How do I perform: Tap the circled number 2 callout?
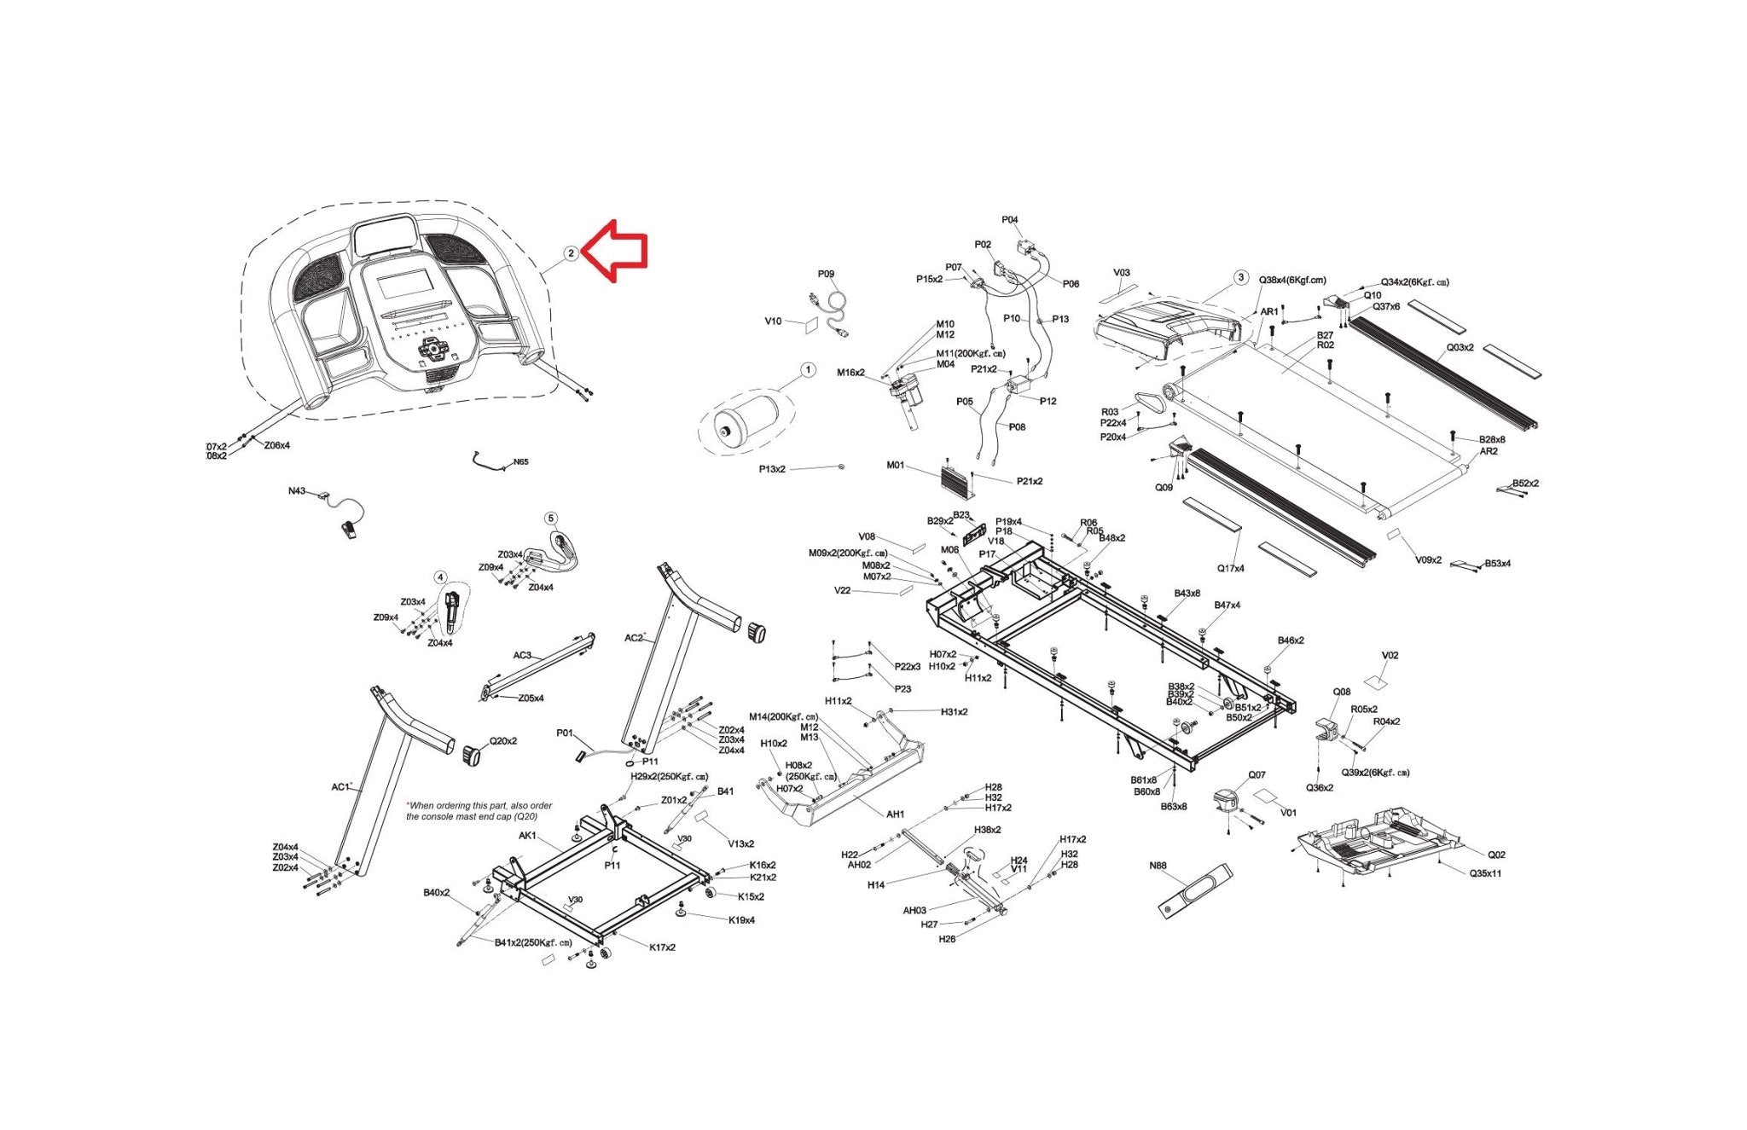pyautogui.click(x=571, y=253)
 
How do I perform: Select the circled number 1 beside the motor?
pyautogui.click(x=807, y=370)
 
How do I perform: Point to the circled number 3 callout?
pyautogui.click(x=1241, y=278)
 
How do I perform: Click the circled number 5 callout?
pyautogui.click(x=550, y=519)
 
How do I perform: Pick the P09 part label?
pyautogui.click(x=826, y=275)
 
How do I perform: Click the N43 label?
pyautogui.click(x=296, y=491)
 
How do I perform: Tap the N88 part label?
pyautogui.click(x=1158, y=866)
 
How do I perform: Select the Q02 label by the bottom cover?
pyautogui.click(x=1496, y=855)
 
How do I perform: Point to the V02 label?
pyautogui.click(x=1390, y=656)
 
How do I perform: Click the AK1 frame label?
pyautogui.click(x=527, y=836)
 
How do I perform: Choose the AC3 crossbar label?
pyautogui.click(x=522, y=656)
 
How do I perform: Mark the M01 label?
pyautogui.click(x=895, y=466)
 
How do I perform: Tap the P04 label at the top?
pyautogui.click(x=1009, y=220)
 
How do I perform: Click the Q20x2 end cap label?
pyautogui.click(x=502, y=741)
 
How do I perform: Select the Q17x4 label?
pyautogui.click(x=1230, y=568)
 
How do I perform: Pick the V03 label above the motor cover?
pyautogui.click(x=1122, y=273)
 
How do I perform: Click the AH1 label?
pyautogui.click(x=895, y=814)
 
